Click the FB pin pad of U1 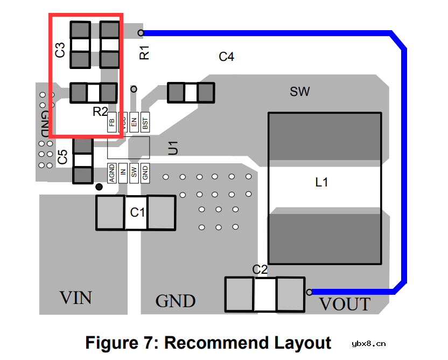112,122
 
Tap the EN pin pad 134,122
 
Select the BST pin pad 145,122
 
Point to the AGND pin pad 112,173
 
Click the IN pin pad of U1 123,173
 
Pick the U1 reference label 172,147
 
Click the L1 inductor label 321,182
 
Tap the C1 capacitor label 138,212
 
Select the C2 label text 260,269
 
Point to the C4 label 226,57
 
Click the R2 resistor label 100,112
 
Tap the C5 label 62,157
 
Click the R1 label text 144,53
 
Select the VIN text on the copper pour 75,297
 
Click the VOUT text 345,304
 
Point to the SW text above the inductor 300,92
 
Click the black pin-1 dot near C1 99,187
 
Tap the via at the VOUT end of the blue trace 310,292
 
